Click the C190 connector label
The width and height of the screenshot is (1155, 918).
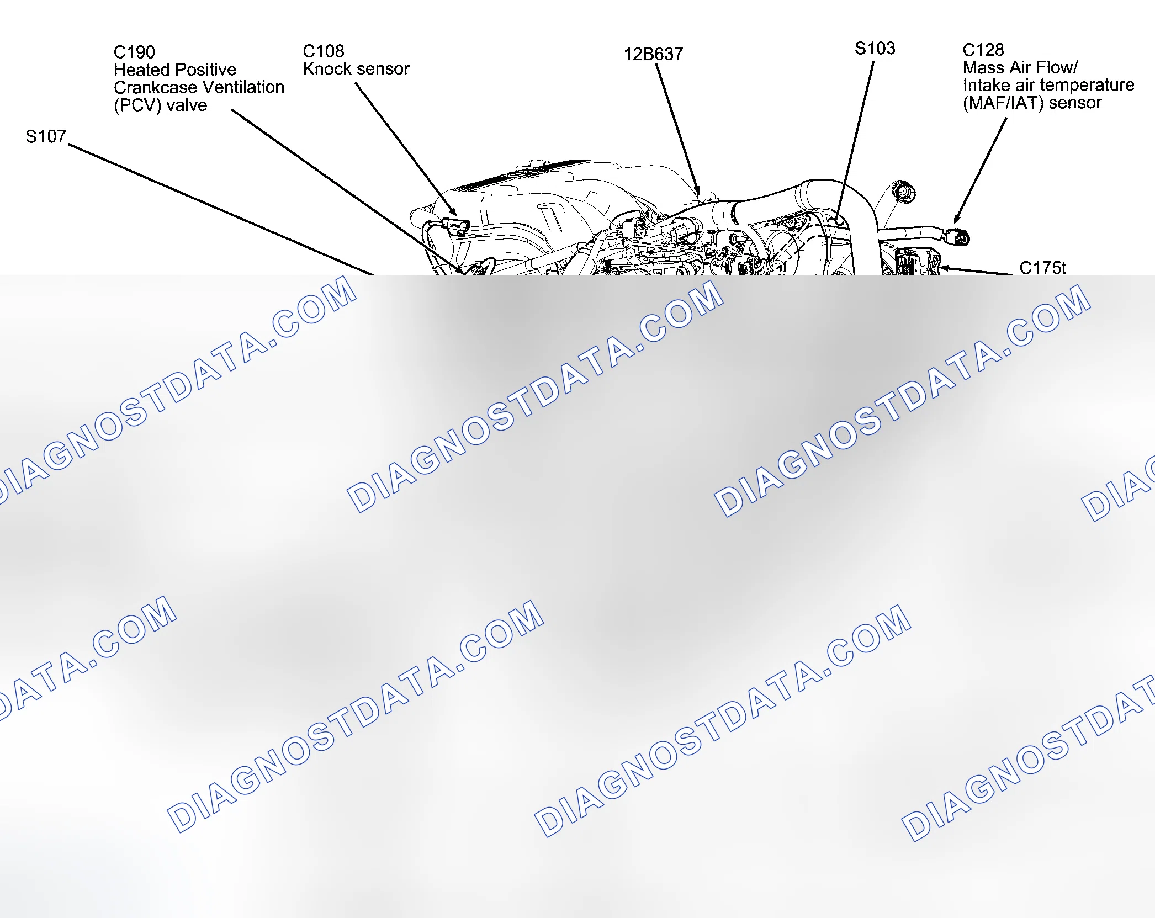click(134, 52)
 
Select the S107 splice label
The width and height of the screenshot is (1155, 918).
click(46, 136)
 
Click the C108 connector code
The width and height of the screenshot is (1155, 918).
click(324, 51)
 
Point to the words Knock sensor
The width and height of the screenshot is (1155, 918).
click(356, 69)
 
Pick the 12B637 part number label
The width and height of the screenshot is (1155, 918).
click(653, 54)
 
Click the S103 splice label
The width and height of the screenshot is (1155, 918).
click(875, 49)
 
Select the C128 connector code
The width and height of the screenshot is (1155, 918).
click(983, 50)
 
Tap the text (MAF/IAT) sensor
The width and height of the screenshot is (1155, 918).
click(1032, 103)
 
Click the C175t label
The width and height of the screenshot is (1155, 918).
click(1042, 268)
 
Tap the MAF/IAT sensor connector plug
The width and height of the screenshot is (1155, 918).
click(958, 237)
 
